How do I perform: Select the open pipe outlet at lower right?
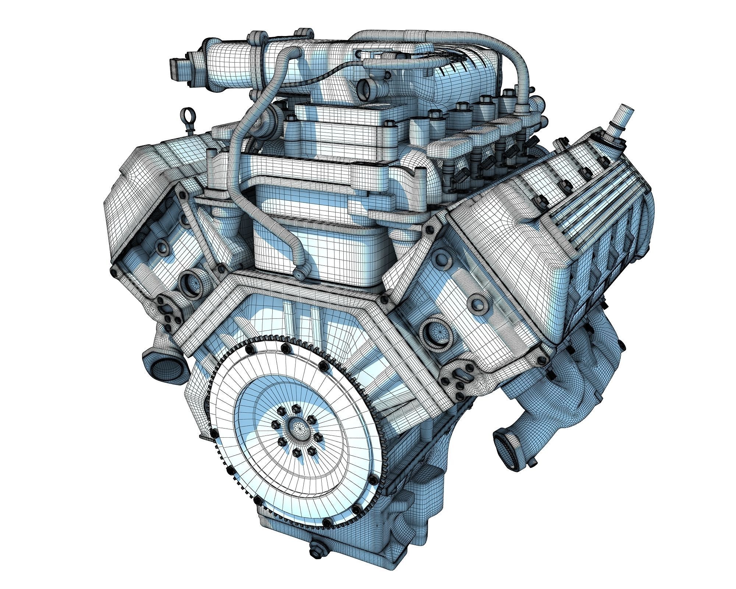[x=504, y=440]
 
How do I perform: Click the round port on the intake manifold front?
[x=367, y=87]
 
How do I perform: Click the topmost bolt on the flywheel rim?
[x=283, y=347]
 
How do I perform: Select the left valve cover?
[x=147, y=173]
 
